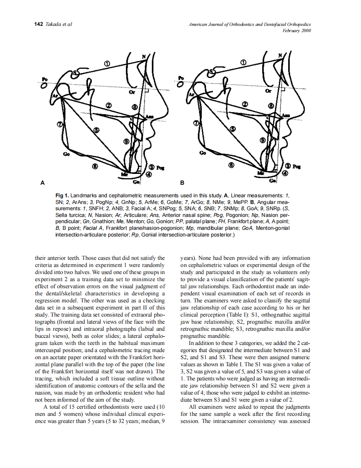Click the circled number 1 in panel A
tap(107, 63)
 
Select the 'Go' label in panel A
tap(66, 154)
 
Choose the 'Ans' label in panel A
tap(149, 116)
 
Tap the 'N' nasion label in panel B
tap(280, 55)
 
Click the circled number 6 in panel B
tap(231, 165)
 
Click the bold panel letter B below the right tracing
tap(182, 183)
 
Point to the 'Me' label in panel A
tap(124, 174)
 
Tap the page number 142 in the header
tap(38, 24)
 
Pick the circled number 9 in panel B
tap(263, 140)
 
